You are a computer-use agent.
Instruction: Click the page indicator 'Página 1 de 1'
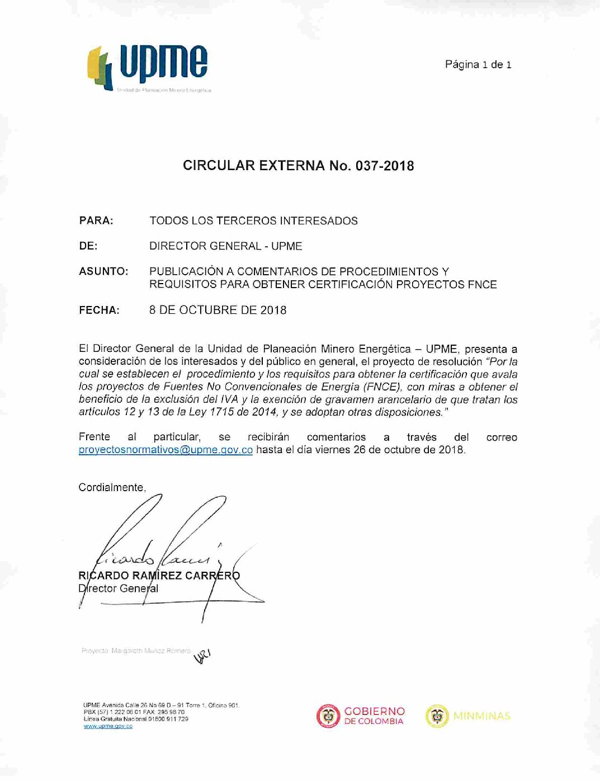click(x=478, y=64)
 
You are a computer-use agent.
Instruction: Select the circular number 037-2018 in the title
click(x=384, y=166)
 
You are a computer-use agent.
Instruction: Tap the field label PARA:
click(x=96, y=220)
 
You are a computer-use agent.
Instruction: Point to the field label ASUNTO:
click(x=103, y=271)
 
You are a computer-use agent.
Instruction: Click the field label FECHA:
click(x=99, y=310)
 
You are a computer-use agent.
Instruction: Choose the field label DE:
click(x=88, y=246)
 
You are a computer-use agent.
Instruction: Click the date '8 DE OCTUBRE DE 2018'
click(x=218, y=310)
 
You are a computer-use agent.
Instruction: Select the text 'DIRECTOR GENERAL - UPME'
click(x=225, y=246)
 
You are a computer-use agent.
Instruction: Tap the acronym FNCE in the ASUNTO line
click(x=482, y=284)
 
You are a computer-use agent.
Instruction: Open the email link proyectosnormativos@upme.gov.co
click(x=166, y=450)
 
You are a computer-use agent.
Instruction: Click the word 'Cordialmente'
click(x=111, y=487)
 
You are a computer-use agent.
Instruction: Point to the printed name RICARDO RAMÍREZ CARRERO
click(x=159, y=576)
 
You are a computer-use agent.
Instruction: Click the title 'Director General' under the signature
click(x=118, y=589)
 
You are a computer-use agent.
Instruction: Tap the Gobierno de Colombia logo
click(x=361, y=716)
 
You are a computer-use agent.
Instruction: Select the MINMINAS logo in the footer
click(x=468, y=716)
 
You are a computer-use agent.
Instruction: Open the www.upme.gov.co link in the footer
click(x=108, y=726)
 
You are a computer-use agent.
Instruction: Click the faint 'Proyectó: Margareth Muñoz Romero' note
click(x=136, y=651)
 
